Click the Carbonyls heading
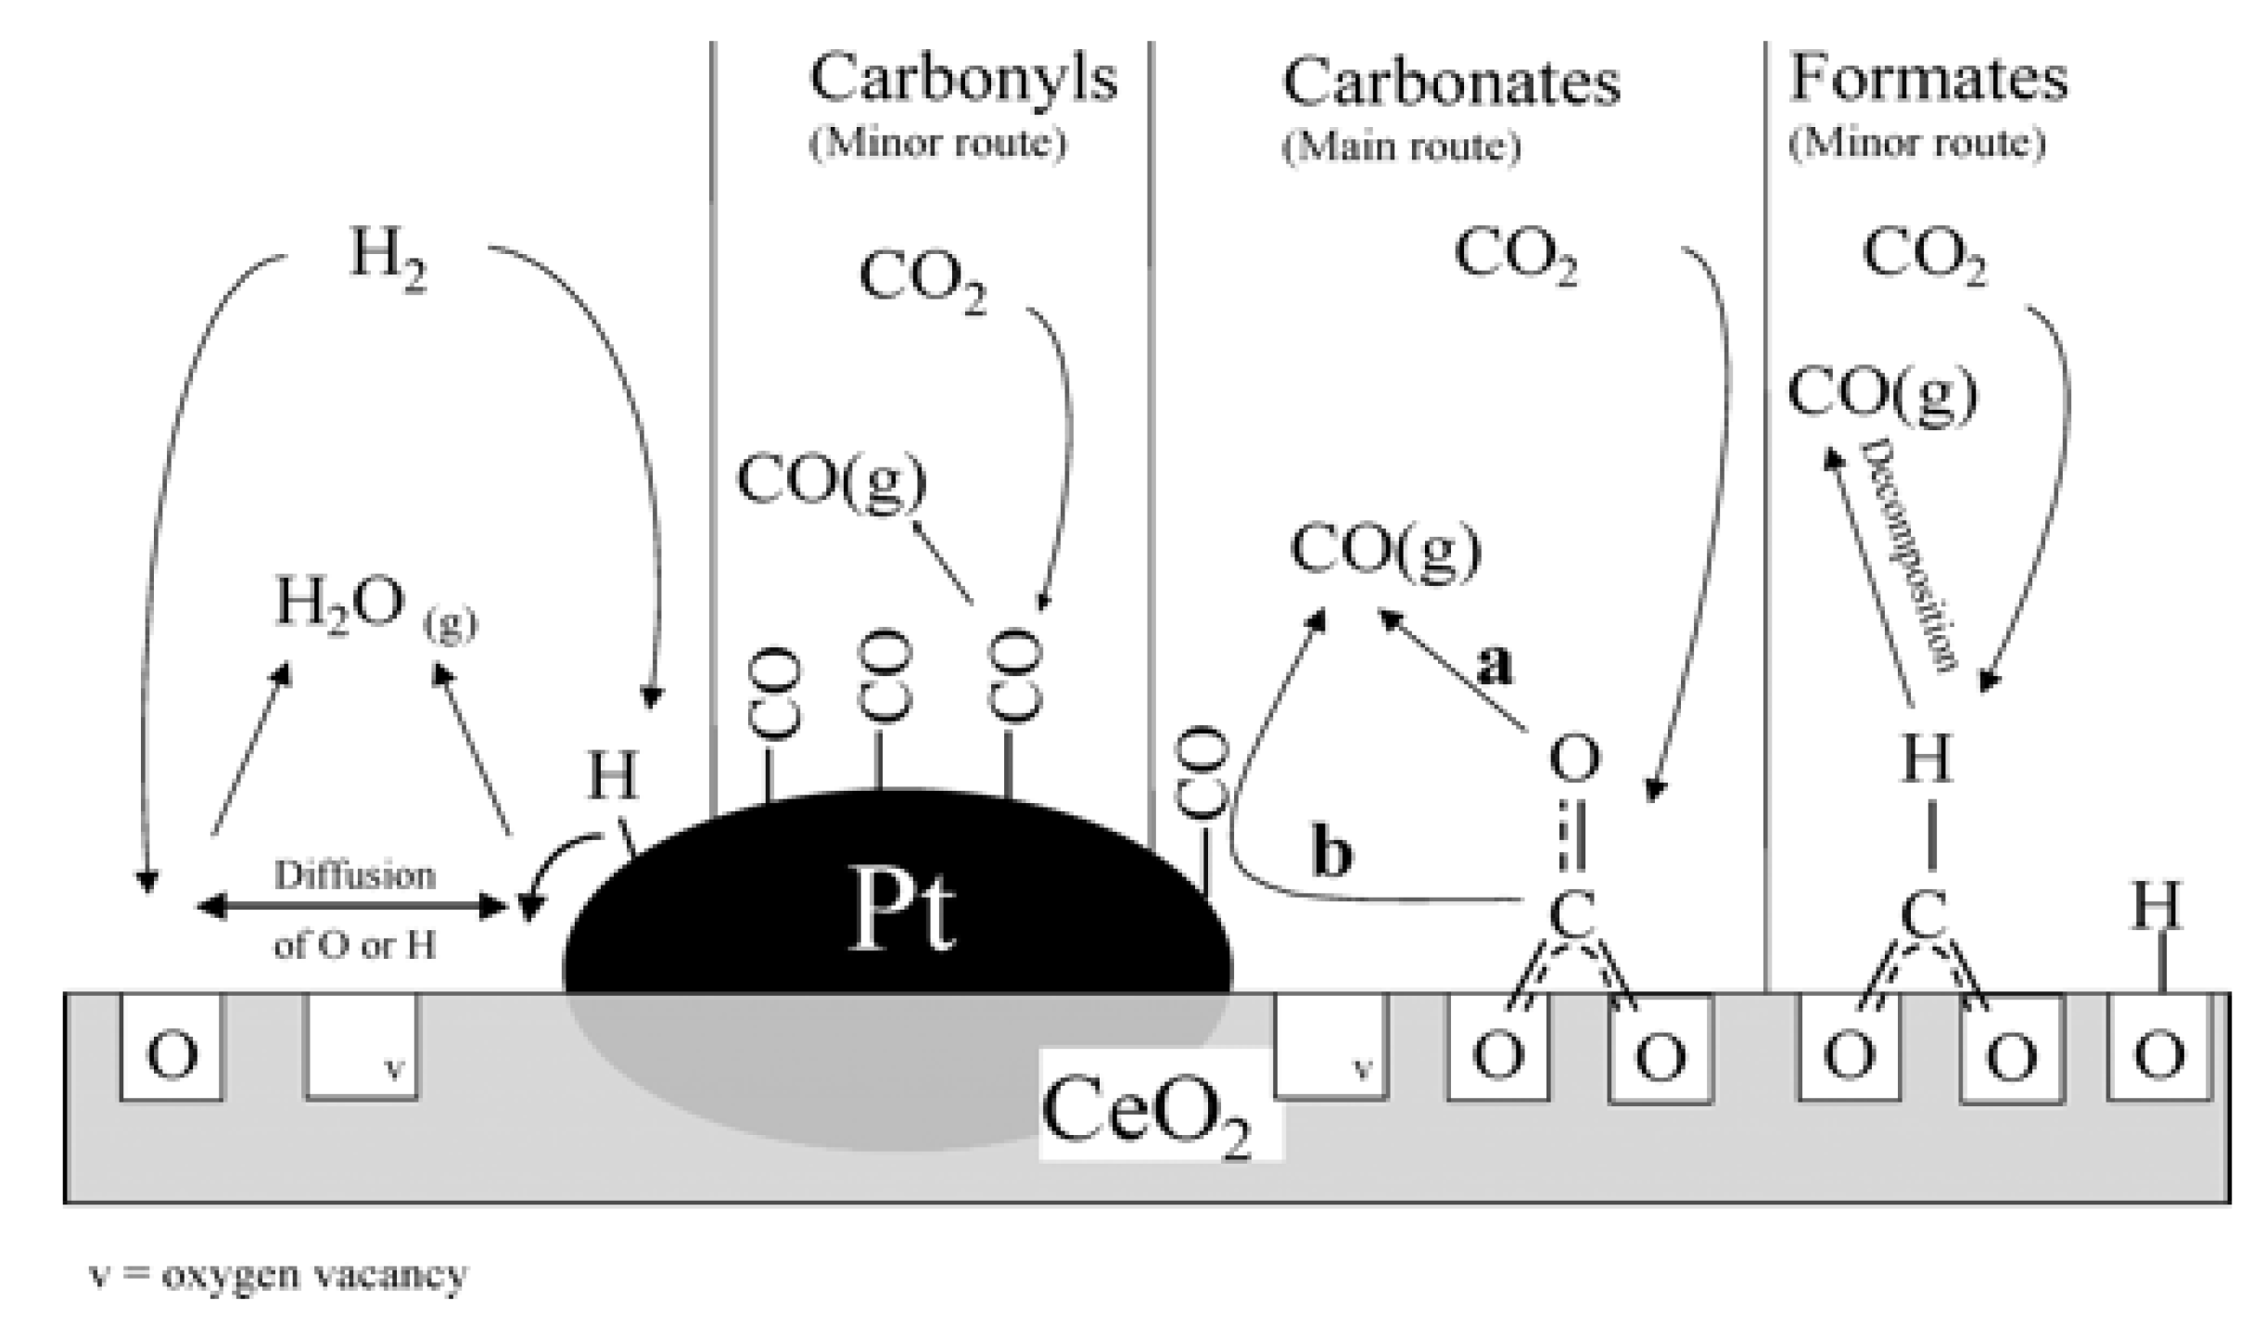tap(963, 81)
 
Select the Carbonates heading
tap(1451, 83)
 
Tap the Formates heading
tap(1928, 79)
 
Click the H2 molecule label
tap(388, 257)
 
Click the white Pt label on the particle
tap(900, 912)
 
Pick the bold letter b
tap(1331, 853)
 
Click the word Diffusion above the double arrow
tap(354, 875)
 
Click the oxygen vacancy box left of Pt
tap(362, 1047)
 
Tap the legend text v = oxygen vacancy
tap(277, 1275)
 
